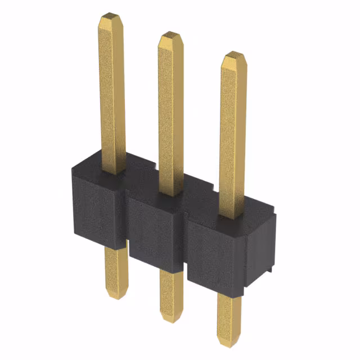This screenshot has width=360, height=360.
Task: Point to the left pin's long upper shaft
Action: click(112, 96)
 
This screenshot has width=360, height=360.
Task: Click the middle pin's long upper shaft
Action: click(171, 112)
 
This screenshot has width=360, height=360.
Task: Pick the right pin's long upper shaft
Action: click(232, 135)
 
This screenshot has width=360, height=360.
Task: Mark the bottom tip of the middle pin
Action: click(170, 318)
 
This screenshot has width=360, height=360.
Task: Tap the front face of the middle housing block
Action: click(155, 233)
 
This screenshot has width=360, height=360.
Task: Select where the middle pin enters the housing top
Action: click(171, 192)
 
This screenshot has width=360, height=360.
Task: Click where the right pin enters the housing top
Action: click(231, 215)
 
